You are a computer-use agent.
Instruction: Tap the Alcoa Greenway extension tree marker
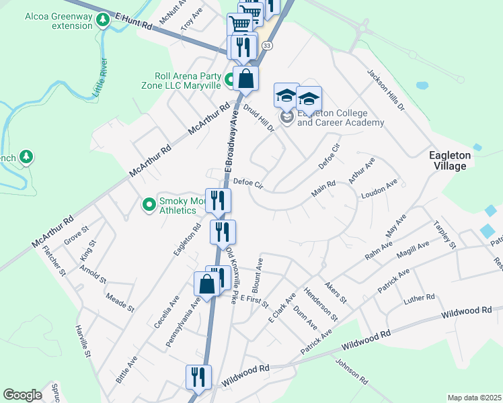pyautogui.click(x=103, y=20)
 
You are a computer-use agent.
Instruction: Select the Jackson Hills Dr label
pyautogui.click(x=386, y=89)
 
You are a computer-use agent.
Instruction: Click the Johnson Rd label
pyautogui.click(x=352, y=371)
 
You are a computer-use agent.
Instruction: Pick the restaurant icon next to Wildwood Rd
pyautogui.click(x=198, y=377)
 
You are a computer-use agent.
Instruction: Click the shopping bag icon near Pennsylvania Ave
pyautogui.click(x=206, y=283)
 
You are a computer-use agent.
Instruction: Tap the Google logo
pyautogui.click(x=22, y=395)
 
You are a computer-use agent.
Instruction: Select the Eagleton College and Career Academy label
pyautogui.click(x=340, y=118)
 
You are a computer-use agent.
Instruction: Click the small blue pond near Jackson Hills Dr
pyautogui.click(x=422, y=86)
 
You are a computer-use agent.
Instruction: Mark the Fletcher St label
pyautogui.click(x=54, y=261)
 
